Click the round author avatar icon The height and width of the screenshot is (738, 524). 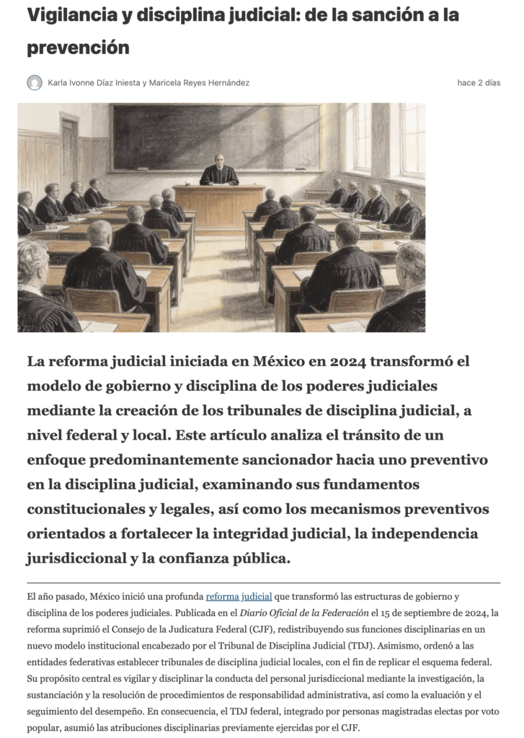pyautogui.click(x=35, y=83)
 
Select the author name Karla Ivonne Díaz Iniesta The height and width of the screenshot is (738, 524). pyautogui.click(x=93, y=83)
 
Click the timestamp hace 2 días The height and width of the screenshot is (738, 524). pyautogui.click(x=479, y=83)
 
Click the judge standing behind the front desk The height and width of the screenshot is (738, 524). pyautogui.click(x=219, y=171)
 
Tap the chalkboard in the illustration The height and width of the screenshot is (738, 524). pyautogui.click(x=216, y=137)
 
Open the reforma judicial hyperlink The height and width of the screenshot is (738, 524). pyautogui.click(x=239, y=597)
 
